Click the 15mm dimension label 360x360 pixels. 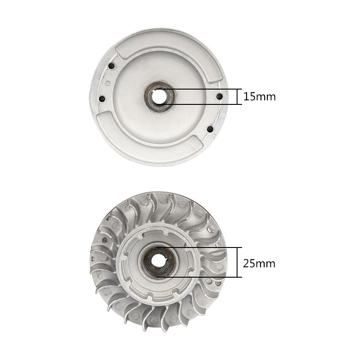260,97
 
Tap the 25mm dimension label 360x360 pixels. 259,264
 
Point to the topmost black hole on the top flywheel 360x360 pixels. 111,66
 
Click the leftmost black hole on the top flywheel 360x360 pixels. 102,99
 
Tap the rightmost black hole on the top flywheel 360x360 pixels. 220,96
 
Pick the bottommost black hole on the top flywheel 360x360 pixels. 210,129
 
